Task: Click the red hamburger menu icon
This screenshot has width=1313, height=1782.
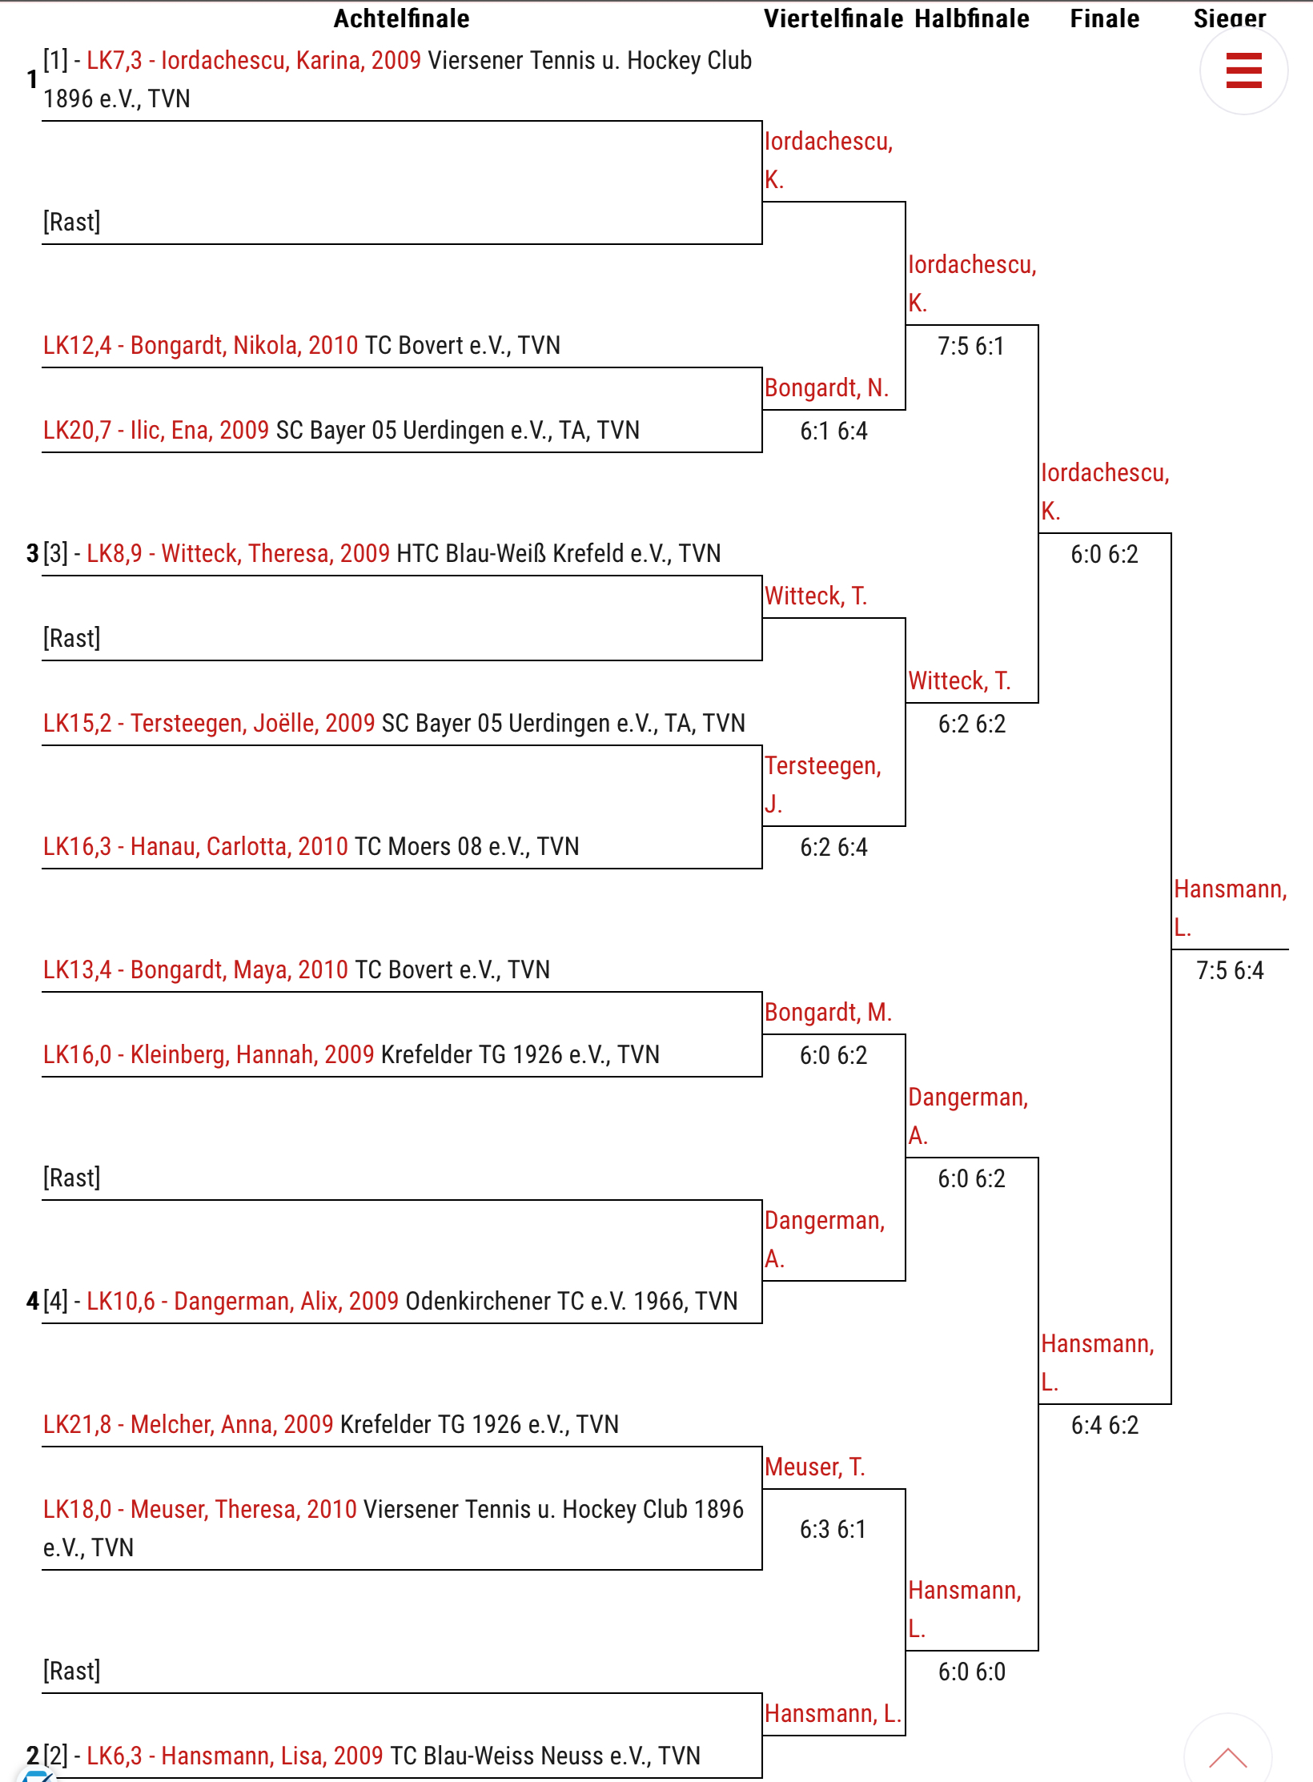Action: tap(1243, 70)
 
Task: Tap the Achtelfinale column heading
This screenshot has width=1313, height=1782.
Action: tap(401, 18)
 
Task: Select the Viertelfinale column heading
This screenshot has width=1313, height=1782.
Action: tap(833, 18)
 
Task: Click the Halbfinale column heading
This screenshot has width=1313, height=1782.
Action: tap(972, 18)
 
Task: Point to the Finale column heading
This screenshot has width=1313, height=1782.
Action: tap(1105, 18)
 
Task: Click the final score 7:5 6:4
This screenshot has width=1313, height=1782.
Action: tap(1230, 970)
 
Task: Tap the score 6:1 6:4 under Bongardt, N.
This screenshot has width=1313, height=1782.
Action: tap(833, 431)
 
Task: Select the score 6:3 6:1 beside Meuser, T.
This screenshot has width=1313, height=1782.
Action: tap(833, 1529)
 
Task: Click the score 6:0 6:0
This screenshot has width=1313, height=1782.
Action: tap(971, 1672)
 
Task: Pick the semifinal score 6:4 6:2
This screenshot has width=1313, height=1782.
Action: tap(1105, 1425)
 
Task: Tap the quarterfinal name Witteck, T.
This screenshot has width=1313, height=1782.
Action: tap(815, 596)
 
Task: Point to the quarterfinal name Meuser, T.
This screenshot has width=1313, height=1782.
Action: tap(814, 1467)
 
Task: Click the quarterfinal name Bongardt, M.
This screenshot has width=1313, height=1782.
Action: tap(827, 1013)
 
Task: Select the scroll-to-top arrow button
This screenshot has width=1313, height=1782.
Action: tap(1227, 1757)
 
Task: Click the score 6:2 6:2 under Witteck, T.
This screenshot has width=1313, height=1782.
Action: tap(971, 724)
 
